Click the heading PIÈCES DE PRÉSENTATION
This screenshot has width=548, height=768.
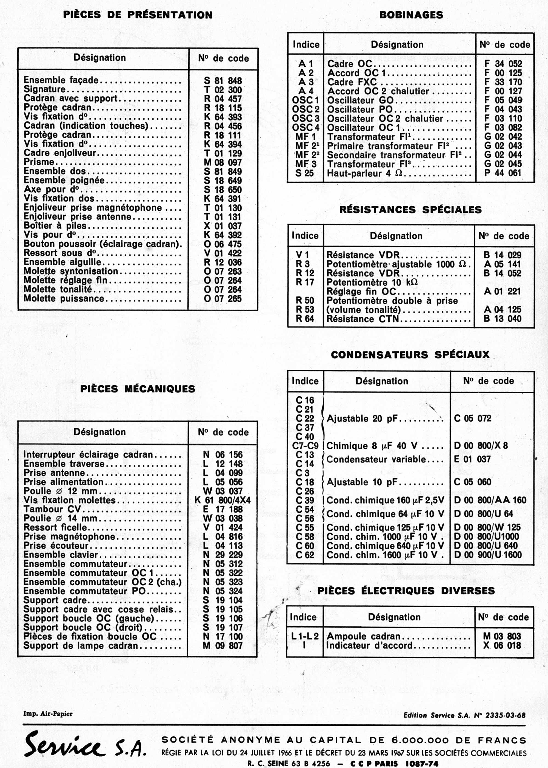[138, 15]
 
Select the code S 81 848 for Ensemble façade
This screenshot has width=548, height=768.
[223, 81]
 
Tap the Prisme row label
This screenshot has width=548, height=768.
[39, 162]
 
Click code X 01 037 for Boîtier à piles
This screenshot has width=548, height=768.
[223, 226]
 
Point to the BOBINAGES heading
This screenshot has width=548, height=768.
[411, 15]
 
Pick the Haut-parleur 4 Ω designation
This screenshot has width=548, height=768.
[366, 173]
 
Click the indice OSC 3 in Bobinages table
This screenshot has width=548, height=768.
[306, 118]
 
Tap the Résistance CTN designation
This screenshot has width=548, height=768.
[363, 319]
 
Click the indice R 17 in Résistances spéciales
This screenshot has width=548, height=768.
[305, 282]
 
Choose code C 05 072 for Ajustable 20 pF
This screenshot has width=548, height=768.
[472, 419]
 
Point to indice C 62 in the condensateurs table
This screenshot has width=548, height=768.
[305, 555]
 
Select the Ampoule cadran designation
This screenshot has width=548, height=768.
[363, 636]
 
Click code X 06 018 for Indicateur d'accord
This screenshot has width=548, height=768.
[502, 645]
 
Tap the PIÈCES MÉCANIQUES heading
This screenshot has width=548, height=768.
[138, 389]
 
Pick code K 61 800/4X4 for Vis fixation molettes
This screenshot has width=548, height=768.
[223, 500]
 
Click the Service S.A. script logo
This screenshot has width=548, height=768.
[84, 744]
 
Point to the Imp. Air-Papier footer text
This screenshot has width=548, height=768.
[48, 714]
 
